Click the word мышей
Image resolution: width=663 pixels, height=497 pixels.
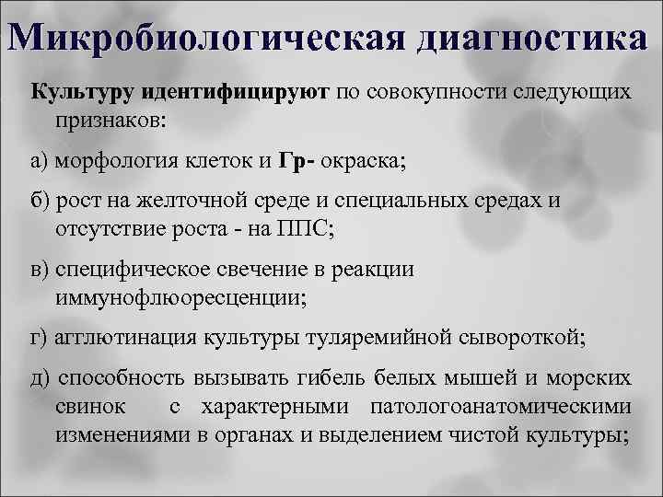(x=503, y=378)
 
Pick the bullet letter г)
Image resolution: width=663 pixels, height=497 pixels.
(x=41, y=336)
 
